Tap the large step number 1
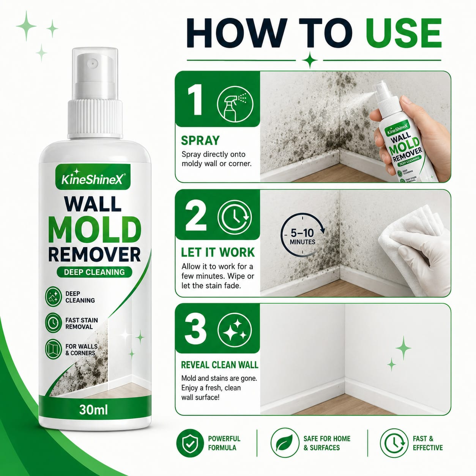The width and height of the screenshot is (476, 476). [195, 99]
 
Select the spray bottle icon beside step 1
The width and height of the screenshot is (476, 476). [235, 104]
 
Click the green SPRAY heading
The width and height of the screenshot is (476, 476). [200, 140]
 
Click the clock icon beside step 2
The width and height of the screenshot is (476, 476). [235, 217]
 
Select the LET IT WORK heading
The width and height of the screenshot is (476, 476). [218, 252]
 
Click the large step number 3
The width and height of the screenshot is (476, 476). [195, 329]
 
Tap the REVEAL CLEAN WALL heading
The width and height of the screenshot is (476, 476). [220, 365]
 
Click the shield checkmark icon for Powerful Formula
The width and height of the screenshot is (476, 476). [190, 443]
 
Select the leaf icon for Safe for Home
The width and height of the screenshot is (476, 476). [285, 443]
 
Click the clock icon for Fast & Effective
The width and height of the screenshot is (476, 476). [394, 443]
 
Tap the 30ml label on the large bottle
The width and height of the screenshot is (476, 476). [93, 410]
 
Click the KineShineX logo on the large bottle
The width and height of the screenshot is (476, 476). [93, 177]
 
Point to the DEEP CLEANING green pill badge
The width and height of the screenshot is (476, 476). [95, 272]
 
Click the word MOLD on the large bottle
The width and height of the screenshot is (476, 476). [95, 230]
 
